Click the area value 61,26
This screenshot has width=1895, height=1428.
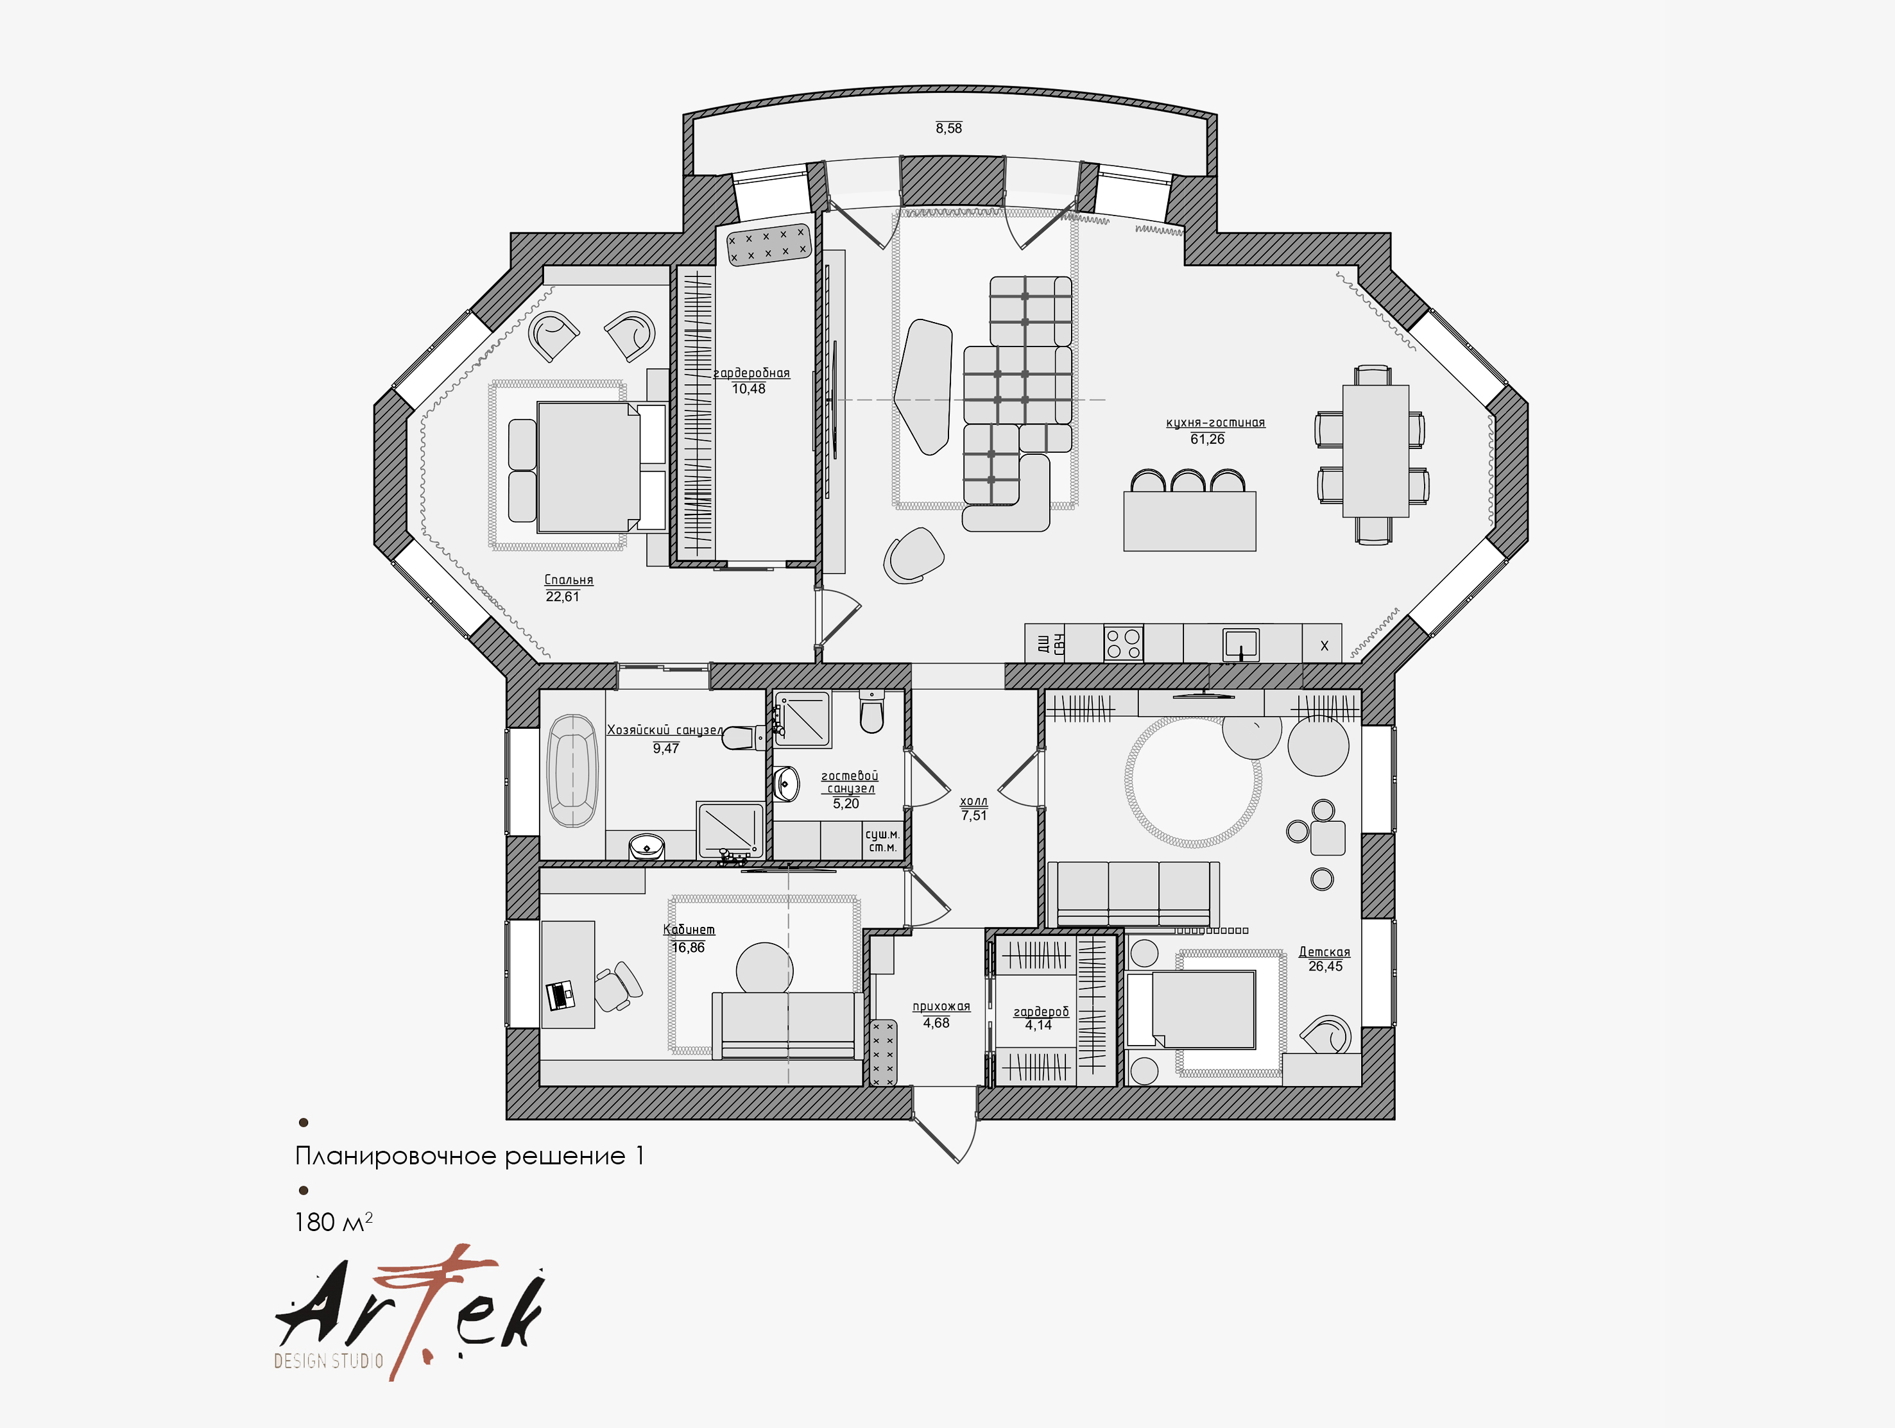1207,439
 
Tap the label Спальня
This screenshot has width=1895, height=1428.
569,580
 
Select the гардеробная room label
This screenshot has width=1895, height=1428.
751,373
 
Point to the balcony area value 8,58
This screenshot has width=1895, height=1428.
948,128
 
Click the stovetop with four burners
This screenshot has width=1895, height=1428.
1123,642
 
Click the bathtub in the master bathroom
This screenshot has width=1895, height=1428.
572,771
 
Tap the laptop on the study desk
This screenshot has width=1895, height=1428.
560,994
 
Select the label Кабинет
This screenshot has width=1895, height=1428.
689,930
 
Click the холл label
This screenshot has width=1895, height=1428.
973,801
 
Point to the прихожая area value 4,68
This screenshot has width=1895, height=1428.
936,1023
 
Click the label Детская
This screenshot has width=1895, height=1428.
1325,952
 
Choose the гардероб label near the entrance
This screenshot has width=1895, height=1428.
1041,1012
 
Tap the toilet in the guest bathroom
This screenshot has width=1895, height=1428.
871,713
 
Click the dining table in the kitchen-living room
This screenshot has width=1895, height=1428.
1375,452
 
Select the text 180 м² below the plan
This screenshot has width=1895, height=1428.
333,1221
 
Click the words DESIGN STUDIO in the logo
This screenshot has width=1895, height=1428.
328,1361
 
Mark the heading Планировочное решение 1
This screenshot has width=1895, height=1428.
470,1157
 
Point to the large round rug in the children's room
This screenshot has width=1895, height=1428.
1192,781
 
